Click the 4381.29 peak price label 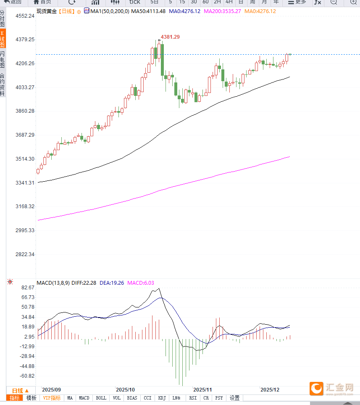pos(171,37)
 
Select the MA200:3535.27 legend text pos(222,11)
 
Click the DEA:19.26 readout pos(112,283)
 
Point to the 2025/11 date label pos(202,390)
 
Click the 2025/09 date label pos(52,390)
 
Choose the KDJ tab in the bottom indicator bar pos(162,398)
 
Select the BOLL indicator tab pos(101,398)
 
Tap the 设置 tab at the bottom pos(234,398)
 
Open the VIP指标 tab pos(52,398)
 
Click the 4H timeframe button pos(229,2)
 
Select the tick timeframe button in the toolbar pos(134,2)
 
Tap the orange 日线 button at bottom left pos(20,390)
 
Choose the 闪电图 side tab pos(3,59)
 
